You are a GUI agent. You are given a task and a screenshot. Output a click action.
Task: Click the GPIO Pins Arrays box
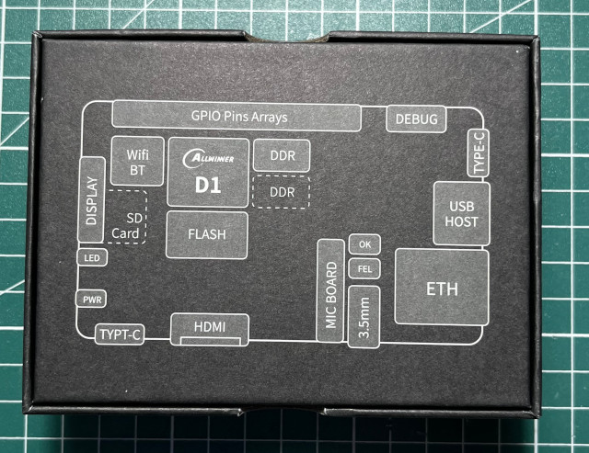(x=237, y=117)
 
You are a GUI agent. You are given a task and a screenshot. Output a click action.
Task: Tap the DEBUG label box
(x=414, y=119)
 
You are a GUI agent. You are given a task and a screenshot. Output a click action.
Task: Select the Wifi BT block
(x=137, y=161)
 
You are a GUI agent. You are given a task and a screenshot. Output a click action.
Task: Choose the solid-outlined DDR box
(x=281, y=156)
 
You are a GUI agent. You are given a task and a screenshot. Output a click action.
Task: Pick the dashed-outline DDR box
(x=281, y=192)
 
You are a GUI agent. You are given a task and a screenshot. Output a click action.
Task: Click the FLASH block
(x=207, y=233)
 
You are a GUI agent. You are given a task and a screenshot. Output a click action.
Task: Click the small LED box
(x=90, y=258)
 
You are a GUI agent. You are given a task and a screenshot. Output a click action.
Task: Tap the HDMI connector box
(x=210, y=328)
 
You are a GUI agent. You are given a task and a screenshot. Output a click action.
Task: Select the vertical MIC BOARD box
(x=330, y=290)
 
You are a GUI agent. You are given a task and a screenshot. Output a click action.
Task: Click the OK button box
(x=364, y=244)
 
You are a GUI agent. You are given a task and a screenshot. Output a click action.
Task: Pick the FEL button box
(x=364, y=268)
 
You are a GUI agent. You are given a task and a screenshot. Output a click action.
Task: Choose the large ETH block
(x=443, y=288)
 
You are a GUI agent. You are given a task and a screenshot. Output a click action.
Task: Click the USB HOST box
(x=459, y=214)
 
